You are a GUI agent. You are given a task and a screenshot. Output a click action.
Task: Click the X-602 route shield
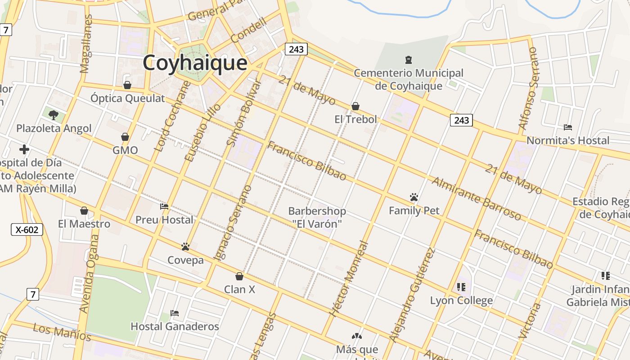[x=27, y=229]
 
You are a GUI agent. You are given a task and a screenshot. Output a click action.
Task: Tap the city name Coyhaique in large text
[x=195, y=63]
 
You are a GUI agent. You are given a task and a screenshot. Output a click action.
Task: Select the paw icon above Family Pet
[x=414, y=197]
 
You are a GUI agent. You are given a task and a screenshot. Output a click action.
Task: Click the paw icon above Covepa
[x=185, y=247]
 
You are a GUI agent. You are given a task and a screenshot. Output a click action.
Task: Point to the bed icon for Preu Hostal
[x=164, y=207]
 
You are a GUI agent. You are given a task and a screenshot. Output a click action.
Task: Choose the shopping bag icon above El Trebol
[x=355, y=106]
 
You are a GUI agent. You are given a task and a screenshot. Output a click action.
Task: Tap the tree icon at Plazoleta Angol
[x=54, y=115]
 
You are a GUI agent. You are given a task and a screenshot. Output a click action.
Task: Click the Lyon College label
[x=461, y=300]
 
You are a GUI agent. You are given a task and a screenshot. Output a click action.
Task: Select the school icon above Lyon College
[x=461, y=287]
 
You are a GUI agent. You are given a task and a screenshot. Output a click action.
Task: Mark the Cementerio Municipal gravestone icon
[x=409, y=59]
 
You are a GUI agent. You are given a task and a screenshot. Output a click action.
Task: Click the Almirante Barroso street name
[x=477, y=198]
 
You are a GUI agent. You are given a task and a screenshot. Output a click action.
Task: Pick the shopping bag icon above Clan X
[x=239, y=276]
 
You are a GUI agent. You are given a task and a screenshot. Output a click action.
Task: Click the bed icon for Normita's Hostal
[x=568, y=127]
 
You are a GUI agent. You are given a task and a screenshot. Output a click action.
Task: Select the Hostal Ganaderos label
[x=175, y=326]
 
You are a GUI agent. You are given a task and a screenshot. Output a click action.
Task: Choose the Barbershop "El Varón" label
[x=317, y=217]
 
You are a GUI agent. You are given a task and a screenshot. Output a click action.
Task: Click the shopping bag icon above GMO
[x=125, y=137]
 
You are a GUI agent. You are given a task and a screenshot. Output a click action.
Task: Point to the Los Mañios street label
[x=62, y=332]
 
